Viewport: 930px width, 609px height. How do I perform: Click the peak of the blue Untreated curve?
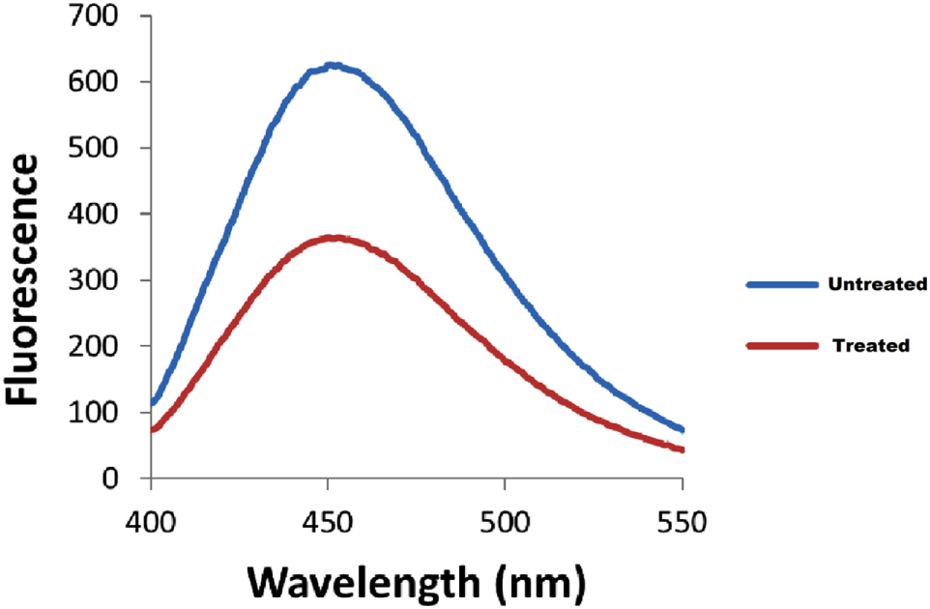coord(332,67)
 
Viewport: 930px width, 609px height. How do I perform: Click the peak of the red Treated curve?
coord(333,237)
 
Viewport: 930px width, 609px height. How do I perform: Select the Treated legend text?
coord(871,345)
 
